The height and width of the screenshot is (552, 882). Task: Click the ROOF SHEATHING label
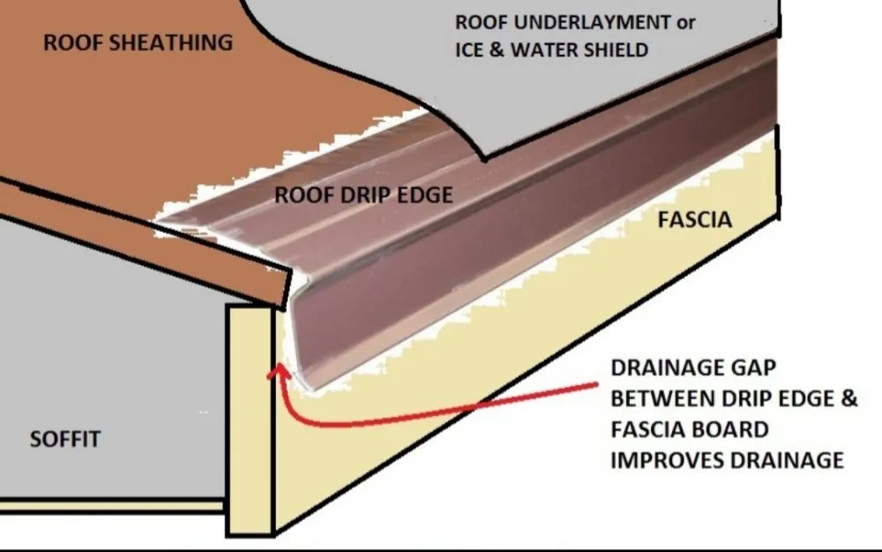pos(138,42)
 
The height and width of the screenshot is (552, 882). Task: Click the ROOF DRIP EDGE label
pos(363,194)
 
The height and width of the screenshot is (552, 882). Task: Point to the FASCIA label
pos(694,219)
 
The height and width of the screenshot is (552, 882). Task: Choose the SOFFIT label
pos(66,439)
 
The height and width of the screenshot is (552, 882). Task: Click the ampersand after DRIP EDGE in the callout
pos(848,399)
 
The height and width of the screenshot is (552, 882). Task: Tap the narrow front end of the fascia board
pos(250,420)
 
